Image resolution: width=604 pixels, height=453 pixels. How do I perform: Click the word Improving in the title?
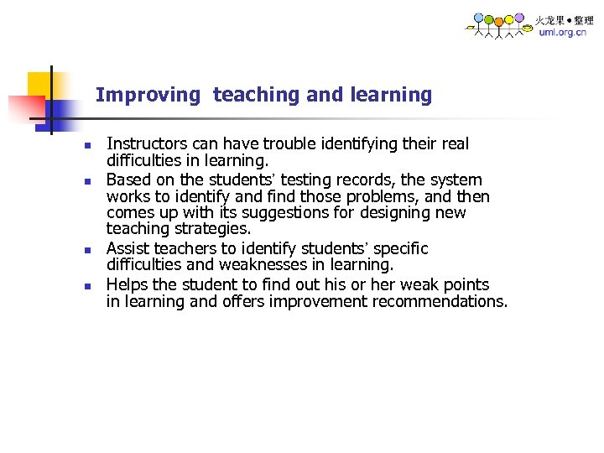(148, 96)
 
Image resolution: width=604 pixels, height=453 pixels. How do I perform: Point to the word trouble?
(294, 144)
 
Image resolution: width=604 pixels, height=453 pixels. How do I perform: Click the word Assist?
(128, 248)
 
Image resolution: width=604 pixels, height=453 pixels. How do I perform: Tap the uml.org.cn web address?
(563, 33)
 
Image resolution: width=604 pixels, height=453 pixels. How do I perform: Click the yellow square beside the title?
(39, 84)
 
